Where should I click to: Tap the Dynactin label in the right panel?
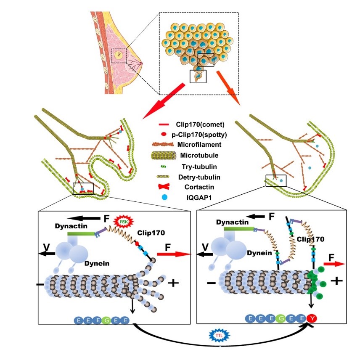(230, 221)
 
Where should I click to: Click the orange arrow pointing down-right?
(228, 87)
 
